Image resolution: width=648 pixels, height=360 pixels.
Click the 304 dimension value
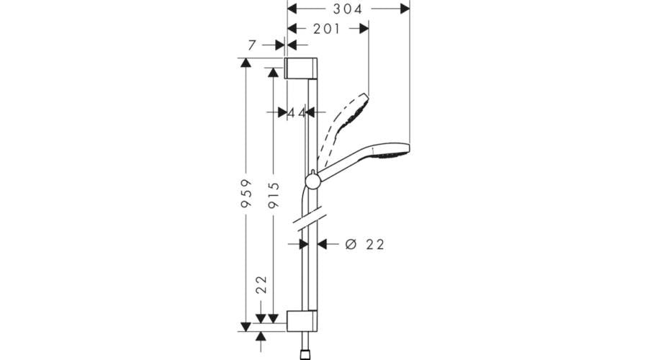pyautogui.click(x=348, y=9)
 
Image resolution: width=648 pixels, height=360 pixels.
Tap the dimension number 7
pyautogui.click(x=252, y=45)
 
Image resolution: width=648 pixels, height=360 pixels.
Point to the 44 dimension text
pyautogui.click(x=296, y=113)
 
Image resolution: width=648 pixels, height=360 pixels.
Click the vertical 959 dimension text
pyautogui.click(x=246, y=194)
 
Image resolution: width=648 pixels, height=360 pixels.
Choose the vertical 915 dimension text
pyautogui.click(x=273, y=194)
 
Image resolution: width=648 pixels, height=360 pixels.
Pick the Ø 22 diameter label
pyautogui.click(x=365, y=245)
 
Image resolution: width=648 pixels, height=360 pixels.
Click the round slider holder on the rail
pyautogui.click(x=312, y=181)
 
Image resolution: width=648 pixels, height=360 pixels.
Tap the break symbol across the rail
pyautogui.click(x=311, y=220)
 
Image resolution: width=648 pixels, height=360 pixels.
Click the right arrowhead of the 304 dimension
pyautogui.click(x=405, y=8)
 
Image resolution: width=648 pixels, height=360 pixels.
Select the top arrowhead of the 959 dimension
pyautogui.click(x=246, y=63)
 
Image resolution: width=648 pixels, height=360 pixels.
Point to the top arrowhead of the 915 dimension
pyautogui.click(x=273, y=73)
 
